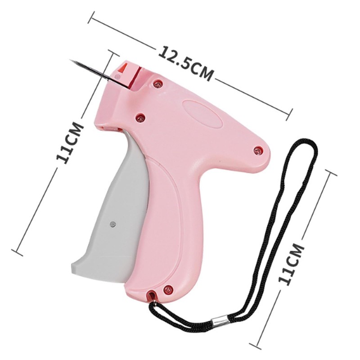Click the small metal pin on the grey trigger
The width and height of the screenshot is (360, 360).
click(112, 223)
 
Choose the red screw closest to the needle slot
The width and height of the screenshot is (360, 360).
click(157, 83)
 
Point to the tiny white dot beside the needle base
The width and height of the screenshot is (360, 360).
click(118, 77)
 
